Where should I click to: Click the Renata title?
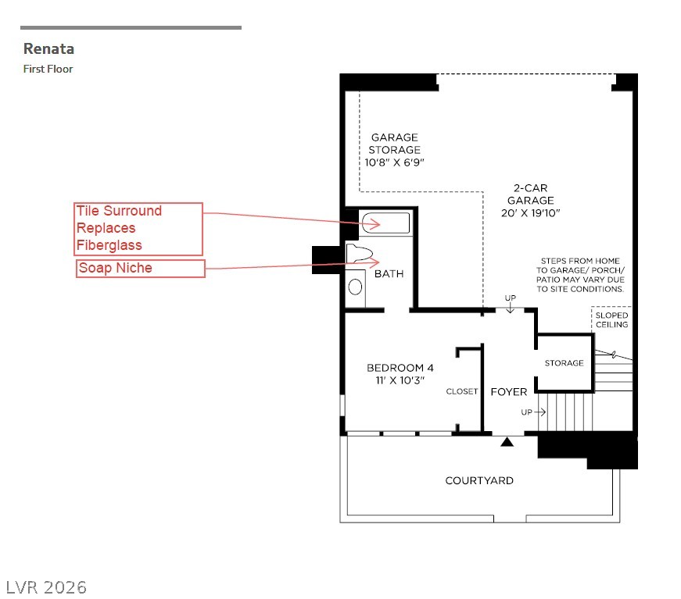coord(48,48)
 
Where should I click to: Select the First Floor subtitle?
coord(48,69)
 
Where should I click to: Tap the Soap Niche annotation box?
coord(140,268)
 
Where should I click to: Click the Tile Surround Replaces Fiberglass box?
coord(138,229)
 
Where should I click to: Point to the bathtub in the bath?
coord(385,223)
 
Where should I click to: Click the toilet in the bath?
coord(359,254)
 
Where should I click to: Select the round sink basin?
coord(355,287)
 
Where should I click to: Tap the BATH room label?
coord(389,273)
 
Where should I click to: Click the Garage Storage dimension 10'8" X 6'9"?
coord(394,162)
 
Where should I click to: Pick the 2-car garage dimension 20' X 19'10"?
coord(530,213)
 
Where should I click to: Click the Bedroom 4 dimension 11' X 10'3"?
coord(400,380)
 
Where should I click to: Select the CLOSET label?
coord(461,391)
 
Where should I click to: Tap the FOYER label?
coord(508,392)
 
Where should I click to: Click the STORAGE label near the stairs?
coord(565,363)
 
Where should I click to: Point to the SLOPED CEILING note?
coord(611,320)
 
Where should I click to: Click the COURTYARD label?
coord(479,480)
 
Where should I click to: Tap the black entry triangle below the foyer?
coord(507,442)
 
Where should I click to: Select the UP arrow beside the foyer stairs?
coord(539,412)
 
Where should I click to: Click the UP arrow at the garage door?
coord(511,308)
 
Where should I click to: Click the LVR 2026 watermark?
coord(46,588)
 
